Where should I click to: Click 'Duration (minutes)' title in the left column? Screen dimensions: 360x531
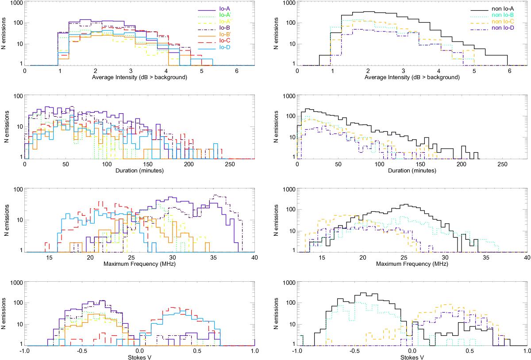(x=139, y=170)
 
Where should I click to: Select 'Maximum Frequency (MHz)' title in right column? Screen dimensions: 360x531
(x=412, y=264)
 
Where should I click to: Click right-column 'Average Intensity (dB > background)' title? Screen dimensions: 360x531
(x=412, y=77)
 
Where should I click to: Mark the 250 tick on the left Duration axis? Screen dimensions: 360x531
(x=230, y=164)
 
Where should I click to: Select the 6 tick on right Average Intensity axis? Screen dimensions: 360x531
(x=509, y=71)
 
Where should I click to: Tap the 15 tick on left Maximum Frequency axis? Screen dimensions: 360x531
(x=49, y=258)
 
